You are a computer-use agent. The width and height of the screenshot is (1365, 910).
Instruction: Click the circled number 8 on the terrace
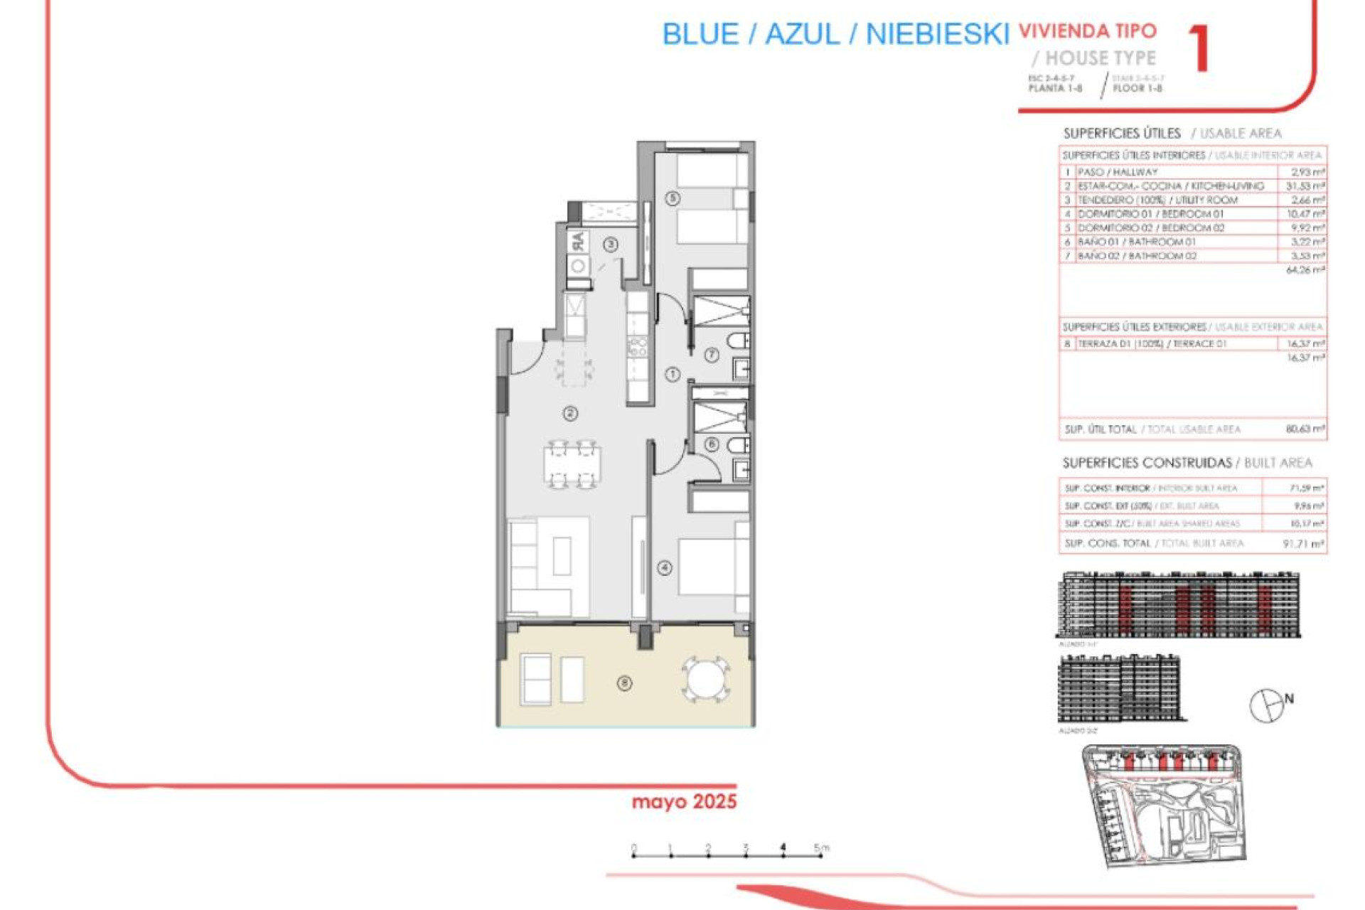624,683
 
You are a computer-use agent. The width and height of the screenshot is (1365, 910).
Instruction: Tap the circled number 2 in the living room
570,413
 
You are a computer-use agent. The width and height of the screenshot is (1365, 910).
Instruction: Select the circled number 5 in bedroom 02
673,198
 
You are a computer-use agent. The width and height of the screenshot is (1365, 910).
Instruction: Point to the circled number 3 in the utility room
611,245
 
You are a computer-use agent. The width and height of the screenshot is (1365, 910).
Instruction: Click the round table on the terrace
705,679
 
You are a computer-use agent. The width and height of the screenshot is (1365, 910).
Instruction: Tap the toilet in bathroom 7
739,341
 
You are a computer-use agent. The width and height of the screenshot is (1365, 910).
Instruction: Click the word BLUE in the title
700,34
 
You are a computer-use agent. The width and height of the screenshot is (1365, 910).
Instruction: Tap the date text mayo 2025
684,802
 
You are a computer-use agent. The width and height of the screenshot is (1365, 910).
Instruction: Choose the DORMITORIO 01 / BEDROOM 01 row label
1150,214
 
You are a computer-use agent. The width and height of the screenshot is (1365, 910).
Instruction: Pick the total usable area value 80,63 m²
1305,429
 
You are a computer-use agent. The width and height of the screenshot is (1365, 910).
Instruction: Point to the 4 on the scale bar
783,847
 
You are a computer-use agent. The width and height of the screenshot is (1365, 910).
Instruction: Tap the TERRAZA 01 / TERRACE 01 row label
1152,344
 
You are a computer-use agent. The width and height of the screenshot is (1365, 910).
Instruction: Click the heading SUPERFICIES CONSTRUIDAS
1147,464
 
